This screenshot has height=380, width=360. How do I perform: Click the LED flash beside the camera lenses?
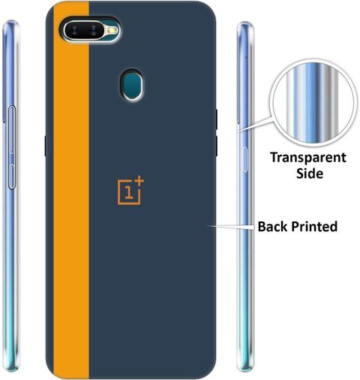112,31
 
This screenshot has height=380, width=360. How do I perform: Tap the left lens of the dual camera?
75,31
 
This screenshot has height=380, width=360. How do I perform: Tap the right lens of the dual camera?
94,31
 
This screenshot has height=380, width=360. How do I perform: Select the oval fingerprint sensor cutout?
132,84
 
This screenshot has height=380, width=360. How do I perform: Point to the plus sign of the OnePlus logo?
139,181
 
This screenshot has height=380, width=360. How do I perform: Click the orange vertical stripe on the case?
71,190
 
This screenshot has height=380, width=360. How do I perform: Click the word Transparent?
308,158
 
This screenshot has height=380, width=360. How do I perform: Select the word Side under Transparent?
310,173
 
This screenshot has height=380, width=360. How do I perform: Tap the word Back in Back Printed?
273,226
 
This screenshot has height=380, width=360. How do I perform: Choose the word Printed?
314,226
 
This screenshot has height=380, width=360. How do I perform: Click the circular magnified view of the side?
313,103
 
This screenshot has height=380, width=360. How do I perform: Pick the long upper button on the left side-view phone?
12,129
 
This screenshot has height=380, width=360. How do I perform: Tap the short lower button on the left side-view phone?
12,176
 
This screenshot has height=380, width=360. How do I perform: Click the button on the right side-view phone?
245,160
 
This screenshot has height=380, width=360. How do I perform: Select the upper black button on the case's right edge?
216,119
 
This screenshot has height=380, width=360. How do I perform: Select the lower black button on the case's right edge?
216,146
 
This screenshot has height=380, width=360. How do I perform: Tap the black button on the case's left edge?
46,146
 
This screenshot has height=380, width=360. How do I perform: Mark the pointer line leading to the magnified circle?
254,124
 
